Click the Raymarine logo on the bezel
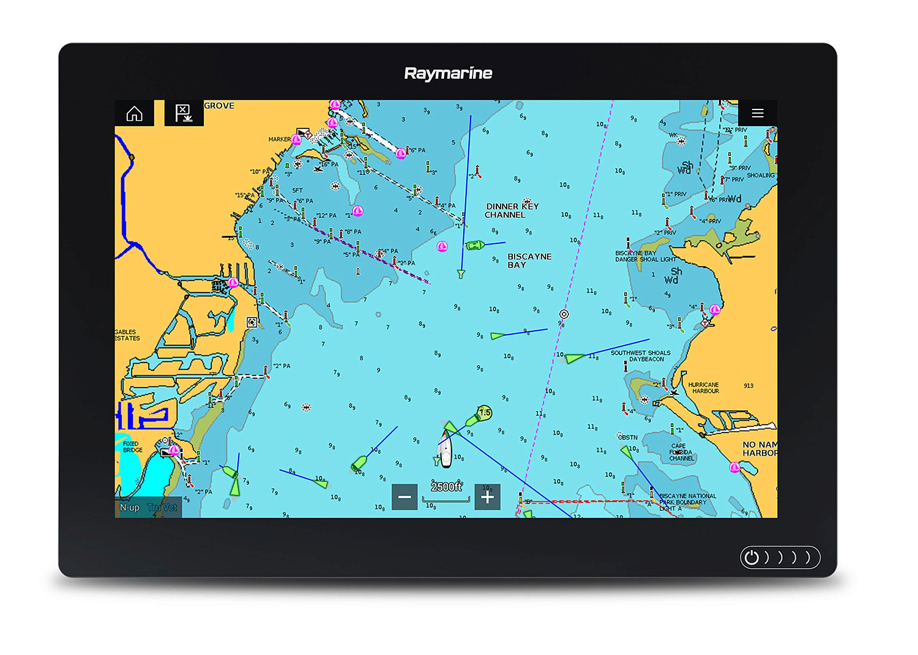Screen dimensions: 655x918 [x=448, y=73]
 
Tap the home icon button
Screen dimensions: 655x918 [x=135, y=114]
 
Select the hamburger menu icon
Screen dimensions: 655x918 [x=757, y=113]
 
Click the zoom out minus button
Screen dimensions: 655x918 [x=405, y=497]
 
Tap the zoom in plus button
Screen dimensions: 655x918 [x=487, y=497]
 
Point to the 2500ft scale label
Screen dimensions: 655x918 [x=446, y=487]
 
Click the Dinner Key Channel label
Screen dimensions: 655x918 [x=512, y=210]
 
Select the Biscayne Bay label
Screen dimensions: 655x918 [x=529, y=261]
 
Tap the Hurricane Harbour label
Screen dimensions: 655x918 [x=703, y=388]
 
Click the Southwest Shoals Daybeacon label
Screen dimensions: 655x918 [x=640, y=356]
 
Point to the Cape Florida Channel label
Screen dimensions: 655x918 [x=681, y=452]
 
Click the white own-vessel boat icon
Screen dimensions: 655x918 [x=446, y=450]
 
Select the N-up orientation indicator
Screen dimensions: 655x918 [x=130, y=508]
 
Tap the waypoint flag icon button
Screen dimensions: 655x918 [x=184, y=113]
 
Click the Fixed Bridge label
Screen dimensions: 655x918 [x=132, y=446]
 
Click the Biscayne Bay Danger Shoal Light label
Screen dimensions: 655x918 [x=645, y=256]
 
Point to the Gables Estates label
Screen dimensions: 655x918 [x=127, y=335]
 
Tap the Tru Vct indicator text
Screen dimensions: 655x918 [x=162, y=508]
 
